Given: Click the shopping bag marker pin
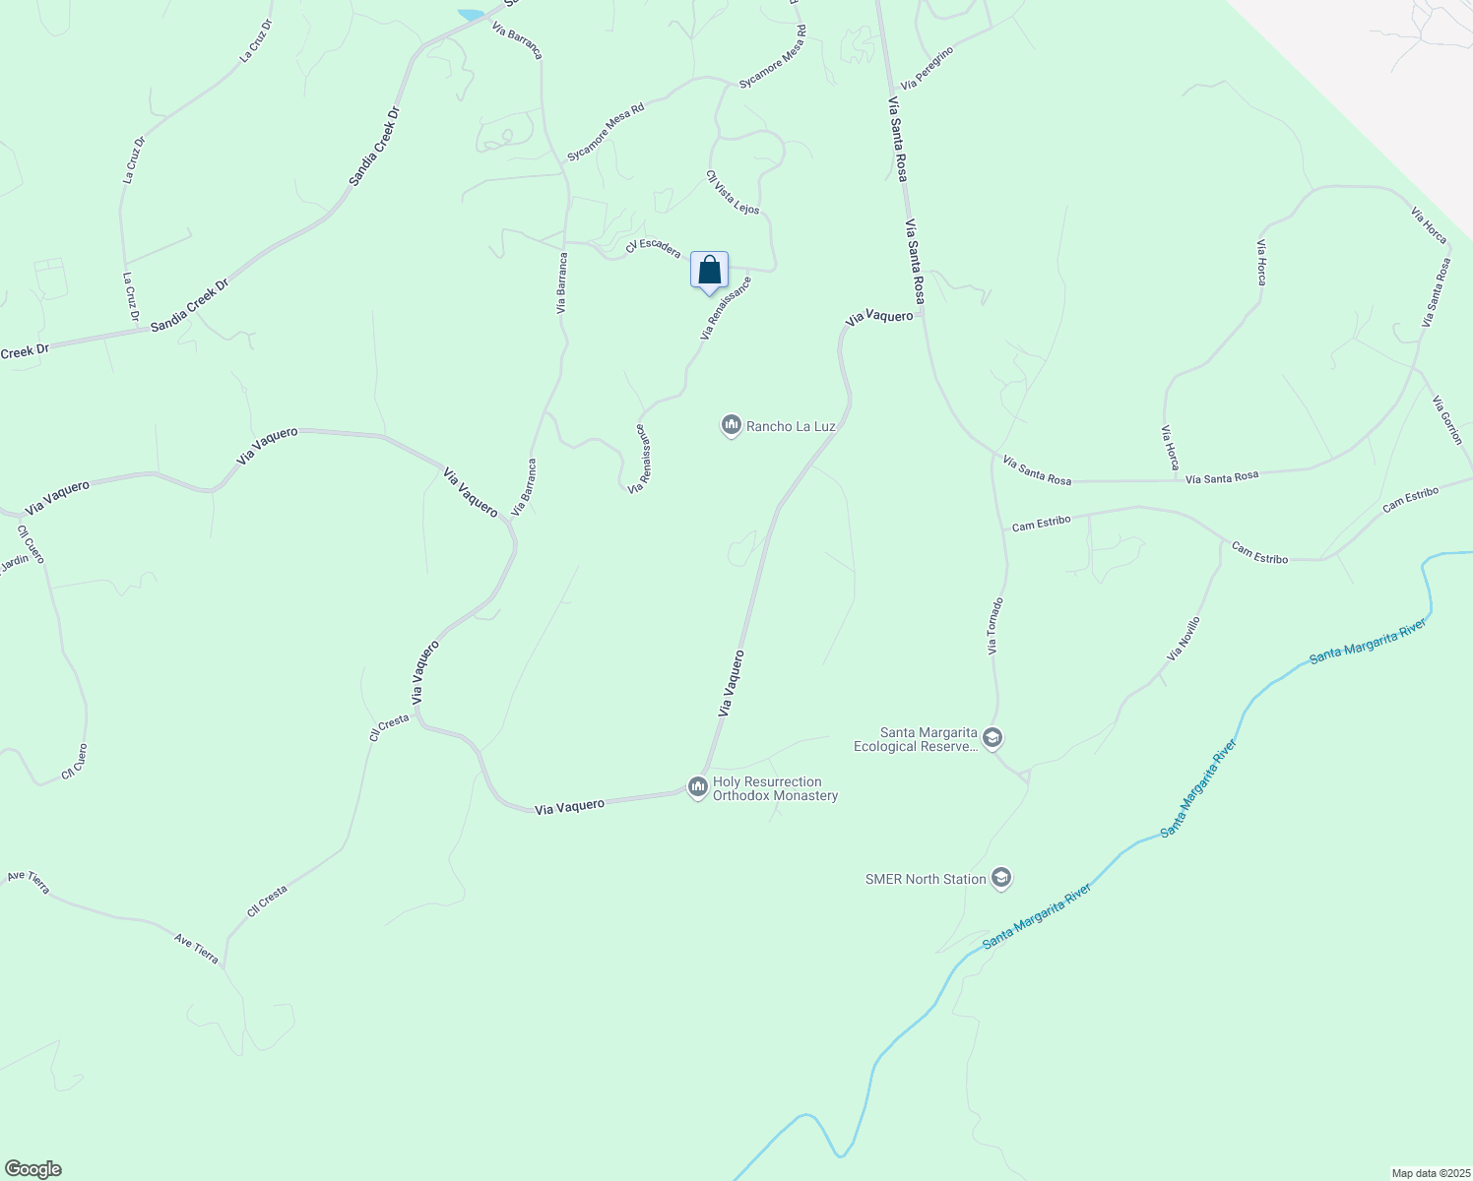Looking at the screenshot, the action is point(709,271).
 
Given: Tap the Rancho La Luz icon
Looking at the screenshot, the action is point(731,425).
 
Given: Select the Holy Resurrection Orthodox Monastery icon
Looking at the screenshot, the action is point(697,786).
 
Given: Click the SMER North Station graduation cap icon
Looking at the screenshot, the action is point(1001,878).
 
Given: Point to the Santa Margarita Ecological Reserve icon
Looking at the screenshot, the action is point(993,738).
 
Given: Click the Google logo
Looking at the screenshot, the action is point(32,1168).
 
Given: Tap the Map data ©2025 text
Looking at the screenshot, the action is point(1429,1173).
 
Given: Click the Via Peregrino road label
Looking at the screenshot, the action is point(927,67).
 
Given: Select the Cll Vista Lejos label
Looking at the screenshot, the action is point(733,192).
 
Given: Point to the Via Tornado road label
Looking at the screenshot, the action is point(995,626).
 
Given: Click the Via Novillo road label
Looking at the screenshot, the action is point(1184,639).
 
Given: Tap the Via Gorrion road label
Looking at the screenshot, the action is point(1447,420).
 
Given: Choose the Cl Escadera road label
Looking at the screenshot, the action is point(653,247).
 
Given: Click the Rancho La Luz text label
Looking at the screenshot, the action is point(791,426).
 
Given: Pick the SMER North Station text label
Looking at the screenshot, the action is point(926,879).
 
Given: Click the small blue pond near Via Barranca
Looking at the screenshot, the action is point(471,15).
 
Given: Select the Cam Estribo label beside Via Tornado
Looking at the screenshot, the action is point(1041,523).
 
